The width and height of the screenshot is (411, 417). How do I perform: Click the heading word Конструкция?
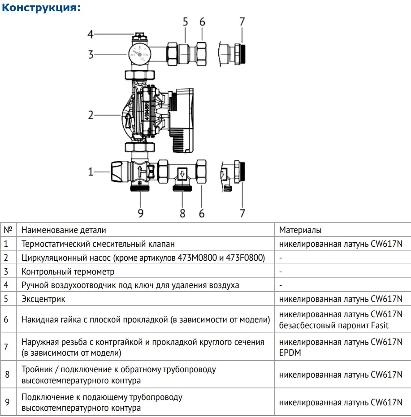[x=41, y=8]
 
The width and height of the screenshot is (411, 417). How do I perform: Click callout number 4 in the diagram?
[x=90, y=34]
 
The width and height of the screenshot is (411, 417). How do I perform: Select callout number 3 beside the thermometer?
[x=90, y=55]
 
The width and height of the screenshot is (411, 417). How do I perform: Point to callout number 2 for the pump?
[x=90, y=115]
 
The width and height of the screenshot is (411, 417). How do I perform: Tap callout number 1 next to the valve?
[x=90, y=171]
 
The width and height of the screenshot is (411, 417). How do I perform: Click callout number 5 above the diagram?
[x=186, y=21]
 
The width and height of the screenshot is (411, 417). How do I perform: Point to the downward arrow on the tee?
[x=182, y=173]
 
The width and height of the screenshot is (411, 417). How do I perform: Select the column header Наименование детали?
[x=64, y=230]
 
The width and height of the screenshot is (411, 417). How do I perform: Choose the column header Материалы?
[x=300, y=230]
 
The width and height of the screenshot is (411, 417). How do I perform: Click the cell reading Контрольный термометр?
[x=68, y=271]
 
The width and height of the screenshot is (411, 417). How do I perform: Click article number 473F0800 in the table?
[x=245, y=258]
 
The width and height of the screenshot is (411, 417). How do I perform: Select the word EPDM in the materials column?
[x=290, y=353]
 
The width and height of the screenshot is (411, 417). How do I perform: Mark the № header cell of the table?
[x=8, y=230]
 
